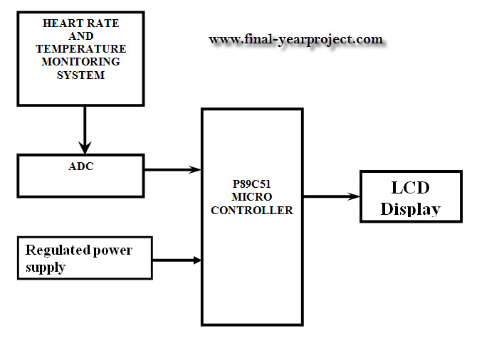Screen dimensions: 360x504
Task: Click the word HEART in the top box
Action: pos(60,23)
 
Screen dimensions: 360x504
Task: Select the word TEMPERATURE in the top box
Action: pos(81,49)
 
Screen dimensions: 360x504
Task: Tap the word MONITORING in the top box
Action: pos(81,62)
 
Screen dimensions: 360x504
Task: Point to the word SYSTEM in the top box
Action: pos(81,75)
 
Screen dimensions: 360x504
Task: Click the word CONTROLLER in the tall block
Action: pos(252,211)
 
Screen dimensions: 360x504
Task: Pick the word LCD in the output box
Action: pos(411,188)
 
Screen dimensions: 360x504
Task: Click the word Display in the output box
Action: pos(411,208)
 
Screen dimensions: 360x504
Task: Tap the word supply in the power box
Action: pos(46,268)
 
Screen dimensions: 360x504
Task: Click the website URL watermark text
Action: pos(295,40)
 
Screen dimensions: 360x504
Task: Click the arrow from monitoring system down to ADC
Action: pos(85,128)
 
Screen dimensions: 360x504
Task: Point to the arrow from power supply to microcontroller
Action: pos(177,260)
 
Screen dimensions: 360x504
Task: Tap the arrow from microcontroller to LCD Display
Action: pos(331,196)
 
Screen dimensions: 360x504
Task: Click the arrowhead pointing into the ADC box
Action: pos(85,147)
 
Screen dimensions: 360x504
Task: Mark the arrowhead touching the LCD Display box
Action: pos(353,196)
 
